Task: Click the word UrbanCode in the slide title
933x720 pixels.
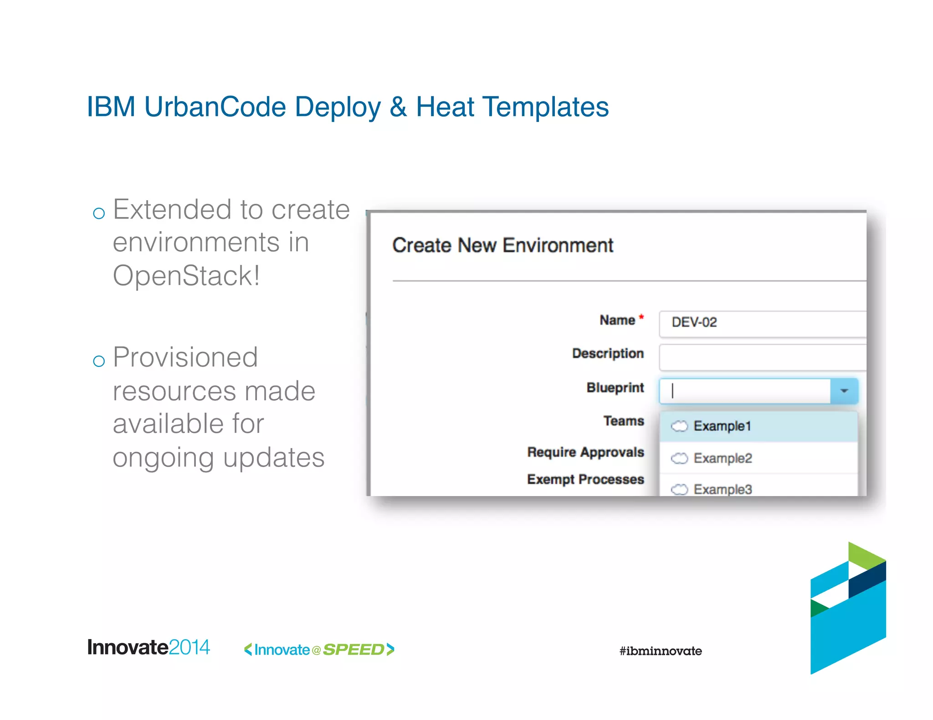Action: tap(215, 107)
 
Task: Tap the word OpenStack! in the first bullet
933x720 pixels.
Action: tap(186, 276)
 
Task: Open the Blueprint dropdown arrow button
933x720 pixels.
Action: tap(844, 391)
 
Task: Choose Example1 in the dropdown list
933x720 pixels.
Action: tap(722, 426)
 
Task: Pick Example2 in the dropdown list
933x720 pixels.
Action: tap(723, 458)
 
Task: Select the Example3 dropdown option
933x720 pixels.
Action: tap(723, 489)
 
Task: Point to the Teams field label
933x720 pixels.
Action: tap(623, 421)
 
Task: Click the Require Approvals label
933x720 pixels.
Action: tap(585, 452)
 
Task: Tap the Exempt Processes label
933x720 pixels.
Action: tap(585, 480)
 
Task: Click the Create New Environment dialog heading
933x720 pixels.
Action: tap(502, 246)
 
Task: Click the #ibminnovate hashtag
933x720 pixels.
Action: tap(660, 651)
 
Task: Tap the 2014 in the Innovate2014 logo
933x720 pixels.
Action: tap(189, 647)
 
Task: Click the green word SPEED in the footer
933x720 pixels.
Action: tap(354, 650)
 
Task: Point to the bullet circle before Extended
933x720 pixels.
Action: tap(99, 213)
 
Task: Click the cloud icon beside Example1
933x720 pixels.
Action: tap(679, 426)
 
